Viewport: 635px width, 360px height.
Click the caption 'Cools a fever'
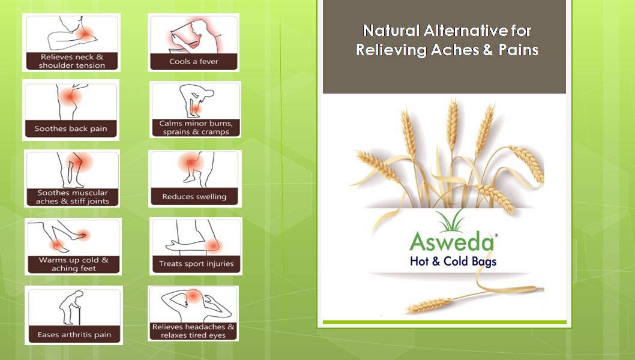pos(194,62)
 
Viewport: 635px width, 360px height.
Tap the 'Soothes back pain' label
pos(71,129)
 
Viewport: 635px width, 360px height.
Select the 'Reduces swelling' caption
pos(194,197)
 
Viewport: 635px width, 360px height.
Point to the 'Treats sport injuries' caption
pos(196,263)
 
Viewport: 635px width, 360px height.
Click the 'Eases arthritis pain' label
pos(74,334)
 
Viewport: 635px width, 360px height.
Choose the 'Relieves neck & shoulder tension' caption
pos(72,61)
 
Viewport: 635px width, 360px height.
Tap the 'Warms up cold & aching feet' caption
pos(74,264)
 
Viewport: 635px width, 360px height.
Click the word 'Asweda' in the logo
pos(451,242)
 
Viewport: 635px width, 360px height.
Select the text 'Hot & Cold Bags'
pos(453,261)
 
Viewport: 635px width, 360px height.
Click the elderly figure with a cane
pos(70,307)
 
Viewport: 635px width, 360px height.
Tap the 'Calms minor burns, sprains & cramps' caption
pos(196,128)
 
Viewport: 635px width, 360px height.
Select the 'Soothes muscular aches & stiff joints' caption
pos(73,197)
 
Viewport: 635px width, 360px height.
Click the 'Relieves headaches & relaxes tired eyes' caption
pos(193,331)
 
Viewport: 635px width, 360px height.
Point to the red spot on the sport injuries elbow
pos(212,245)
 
